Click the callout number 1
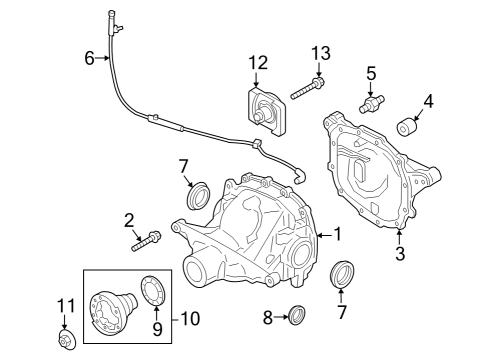337,235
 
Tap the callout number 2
129,219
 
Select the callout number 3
400,254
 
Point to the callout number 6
90,59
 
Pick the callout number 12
259,63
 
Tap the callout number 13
320,53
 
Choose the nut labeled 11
65,342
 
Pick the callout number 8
267,317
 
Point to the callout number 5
371,72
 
